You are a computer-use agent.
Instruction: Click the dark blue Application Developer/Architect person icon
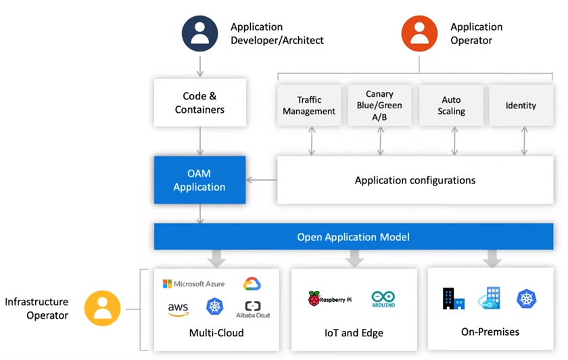[200, 34]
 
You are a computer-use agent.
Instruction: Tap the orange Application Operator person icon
[419, 34]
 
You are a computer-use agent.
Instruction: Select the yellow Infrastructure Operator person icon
[102, 309]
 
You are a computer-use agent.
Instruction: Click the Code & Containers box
[199, 103]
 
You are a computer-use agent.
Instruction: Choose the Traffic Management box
[309, 106]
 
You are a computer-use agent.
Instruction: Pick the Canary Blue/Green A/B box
[379, 105]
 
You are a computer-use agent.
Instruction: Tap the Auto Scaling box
[451, 106]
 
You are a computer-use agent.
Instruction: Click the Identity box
[521, 106]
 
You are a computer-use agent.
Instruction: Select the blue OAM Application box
[199, 180]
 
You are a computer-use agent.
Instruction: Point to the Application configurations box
[415, 180]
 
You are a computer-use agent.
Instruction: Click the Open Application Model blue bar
[353, 237]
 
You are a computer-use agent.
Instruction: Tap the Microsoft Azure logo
[193, 284]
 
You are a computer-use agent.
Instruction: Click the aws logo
[178, 309]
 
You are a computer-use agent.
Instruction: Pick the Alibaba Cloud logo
[253, 309]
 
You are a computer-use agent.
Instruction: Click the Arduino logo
[383, 298]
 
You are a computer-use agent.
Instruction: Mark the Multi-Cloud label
[216, 333]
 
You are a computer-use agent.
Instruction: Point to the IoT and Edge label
[354, 333]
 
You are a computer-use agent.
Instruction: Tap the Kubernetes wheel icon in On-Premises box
[527, 298]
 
